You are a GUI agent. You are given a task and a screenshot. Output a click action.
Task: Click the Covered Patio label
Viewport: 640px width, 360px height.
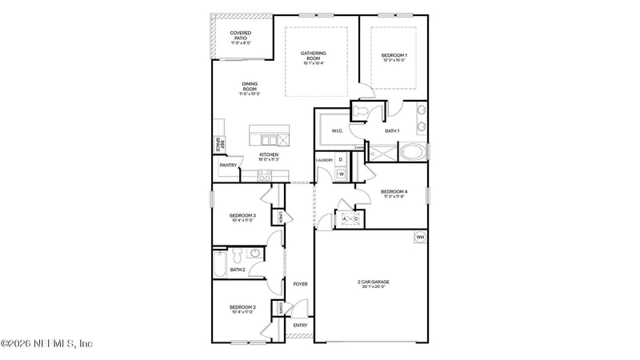tap(241, 37)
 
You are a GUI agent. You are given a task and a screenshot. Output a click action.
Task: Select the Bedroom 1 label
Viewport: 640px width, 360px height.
tap(394, 56)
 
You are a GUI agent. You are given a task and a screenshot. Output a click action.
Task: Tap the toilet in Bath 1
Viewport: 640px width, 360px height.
tap(362, 111)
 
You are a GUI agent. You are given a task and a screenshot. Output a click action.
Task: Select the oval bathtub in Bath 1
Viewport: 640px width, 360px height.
tap(413, 151)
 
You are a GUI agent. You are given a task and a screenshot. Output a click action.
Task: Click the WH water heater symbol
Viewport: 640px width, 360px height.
tap(419, 237)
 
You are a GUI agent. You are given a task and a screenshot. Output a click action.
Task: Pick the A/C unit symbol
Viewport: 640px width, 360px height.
tap(350, 218)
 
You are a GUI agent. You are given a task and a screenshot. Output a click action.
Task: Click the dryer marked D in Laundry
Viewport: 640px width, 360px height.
tap(340, 160)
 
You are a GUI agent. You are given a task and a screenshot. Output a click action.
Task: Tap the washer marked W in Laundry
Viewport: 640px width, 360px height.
tap(340, 174)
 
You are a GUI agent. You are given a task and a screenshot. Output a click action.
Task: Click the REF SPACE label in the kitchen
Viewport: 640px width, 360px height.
tap(218, 146)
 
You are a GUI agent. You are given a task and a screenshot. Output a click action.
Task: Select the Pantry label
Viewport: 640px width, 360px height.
tap(228, 166)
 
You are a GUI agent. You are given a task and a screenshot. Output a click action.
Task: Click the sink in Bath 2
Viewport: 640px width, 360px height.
tap(254, 254)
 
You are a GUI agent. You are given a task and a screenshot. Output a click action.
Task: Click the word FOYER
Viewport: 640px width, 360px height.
tap(300, 284)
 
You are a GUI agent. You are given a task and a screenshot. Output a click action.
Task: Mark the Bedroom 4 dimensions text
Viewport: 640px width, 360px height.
tap(394, 197)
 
